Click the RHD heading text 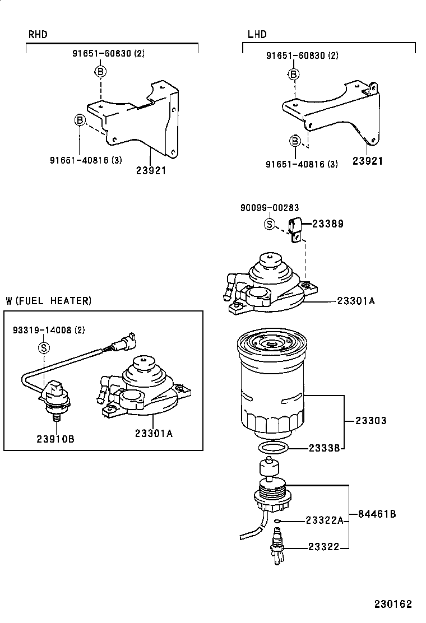tap(38, 35)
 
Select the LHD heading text tap(257, 35)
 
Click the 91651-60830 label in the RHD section tap(108, 53)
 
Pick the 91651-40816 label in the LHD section tap(302, 164)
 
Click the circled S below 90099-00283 tap(270, 225)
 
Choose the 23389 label tap(327, 224)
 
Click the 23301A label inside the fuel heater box tap(154, 433)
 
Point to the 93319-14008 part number tap(49, 331)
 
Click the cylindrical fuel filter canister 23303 tap(275, 387)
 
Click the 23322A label tap(324, 520)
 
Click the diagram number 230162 tap(393, 604)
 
